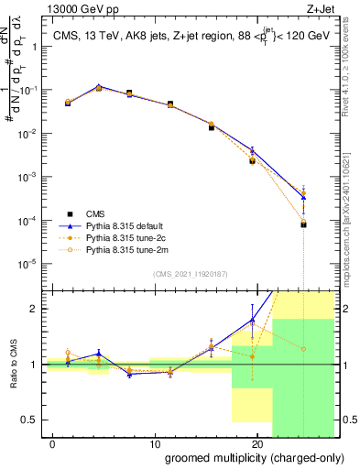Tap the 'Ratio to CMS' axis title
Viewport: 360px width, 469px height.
(14, 364)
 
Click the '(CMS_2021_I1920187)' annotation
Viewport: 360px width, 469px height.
(191, 272)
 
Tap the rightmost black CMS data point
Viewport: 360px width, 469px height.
(303, 224)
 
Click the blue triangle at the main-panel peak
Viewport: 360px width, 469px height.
(98, 87)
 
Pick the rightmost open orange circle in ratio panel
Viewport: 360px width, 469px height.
(303, 348)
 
